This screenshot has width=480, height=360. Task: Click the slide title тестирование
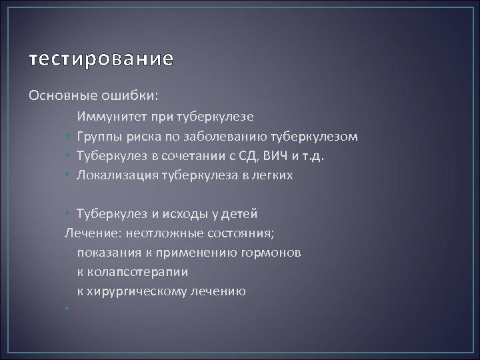click(x=100, y=59)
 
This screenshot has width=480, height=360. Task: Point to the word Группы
click(x=97, y=137)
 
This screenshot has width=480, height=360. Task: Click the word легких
click(x=274, y=175)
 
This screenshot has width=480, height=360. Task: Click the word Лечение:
click(x=91, y=233)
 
